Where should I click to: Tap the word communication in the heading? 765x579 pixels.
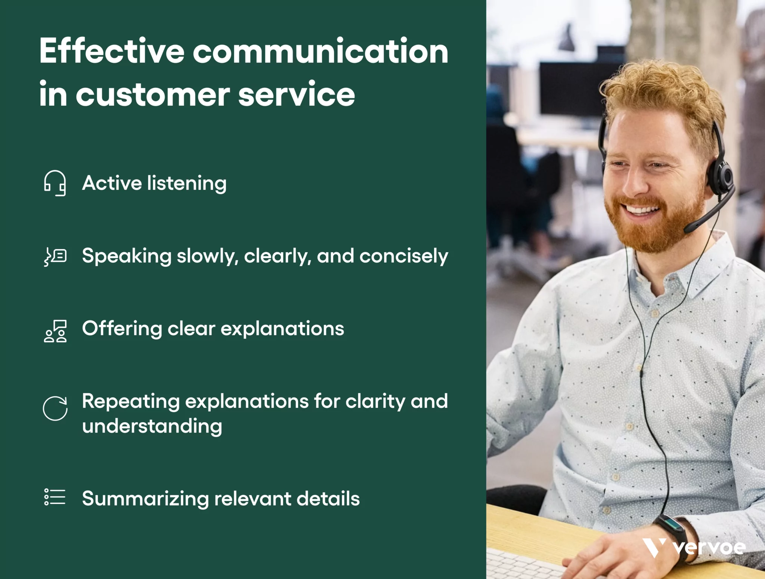(320, 51)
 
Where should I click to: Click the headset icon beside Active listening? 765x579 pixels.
(55, 183)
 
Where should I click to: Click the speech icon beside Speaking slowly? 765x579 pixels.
(55, 256)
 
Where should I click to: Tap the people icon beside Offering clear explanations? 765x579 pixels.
(55, 331)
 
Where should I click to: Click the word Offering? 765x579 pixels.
(122, 329)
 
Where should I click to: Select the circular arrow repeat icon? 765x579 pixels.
(55, 408)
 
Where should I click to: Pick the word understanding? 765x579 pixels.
(152, 427)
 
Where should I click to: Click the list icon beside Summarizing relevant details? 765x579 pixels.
(55, 497)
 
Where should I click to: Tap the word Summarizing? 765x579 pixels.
(145, 499)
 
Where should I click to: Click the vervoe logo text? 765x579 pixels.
(709, 548)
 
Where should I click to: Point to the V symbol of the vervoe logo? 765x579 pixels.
(654, 548)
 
